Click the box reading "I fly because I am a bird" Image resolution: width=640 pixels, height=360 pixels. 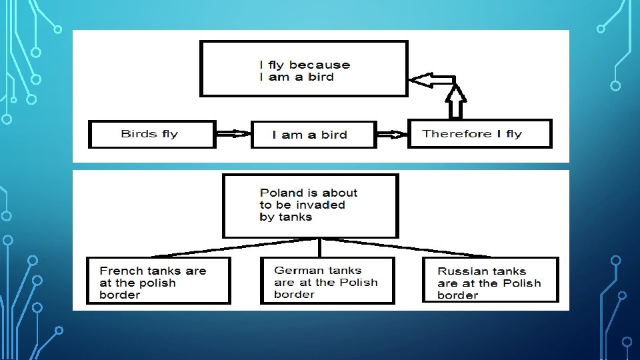coord(303,69)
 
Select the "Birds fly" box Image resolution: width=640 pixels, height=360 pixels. coord(152,134)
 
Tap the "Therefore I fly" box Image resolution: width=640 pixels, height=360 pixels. coord(479,134)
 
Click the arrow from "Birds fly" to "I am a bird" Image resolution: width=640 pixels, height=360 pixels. coord(233,134)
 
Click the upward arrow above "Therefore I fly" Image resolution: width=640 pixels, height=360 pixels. coord(455,100)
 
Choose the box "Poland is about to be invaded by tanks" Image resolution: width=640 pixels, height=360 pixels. coord(310,205)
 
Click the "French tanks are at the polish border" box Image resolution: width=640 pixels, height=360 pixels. coord(159,281)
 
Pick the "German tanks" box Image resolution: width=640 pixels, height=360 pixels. coord(327,281)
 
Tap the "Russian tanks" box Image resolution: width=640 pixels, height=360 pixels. coord(490,281)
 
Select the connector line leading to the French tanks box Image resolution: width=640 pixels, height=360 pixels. coord(233,247)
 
